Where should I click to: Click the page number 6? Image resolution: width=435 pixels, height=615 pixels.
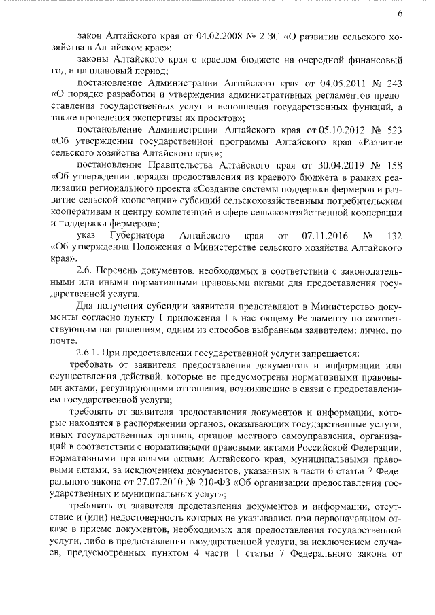pyautogui.click(x=400, y=14)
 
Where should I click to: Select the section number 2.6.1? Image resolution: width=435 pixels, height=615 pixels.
pyautogui.click(x=92, y=352)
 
